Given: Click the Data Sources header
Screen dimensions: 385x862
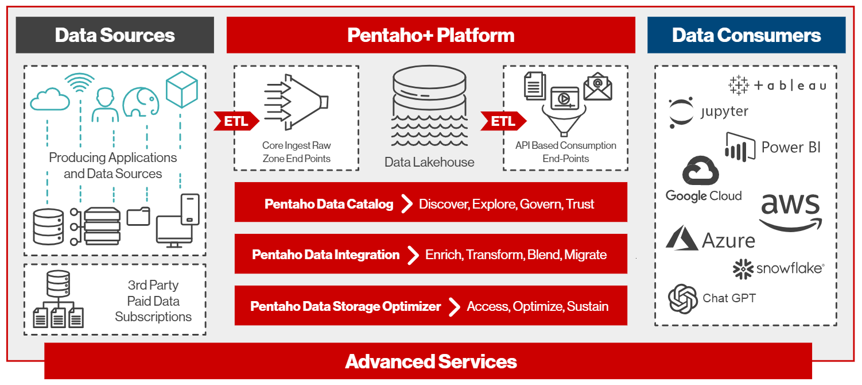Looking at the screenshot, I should [115, 35].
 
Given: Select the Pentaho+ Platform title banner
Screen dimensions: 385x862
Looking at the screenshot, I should [430, 35].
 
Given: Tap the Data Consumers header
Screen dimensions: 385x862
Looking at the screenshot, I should [746, 35].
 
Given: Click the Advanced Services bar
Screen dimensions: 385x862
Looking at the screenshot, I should [430, 361].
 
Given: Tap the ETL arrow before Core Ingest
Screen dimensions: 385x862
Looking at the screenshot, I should [236, 121].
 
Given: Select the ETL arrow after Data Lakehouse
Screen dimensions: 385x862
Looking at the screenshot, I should [502, 121].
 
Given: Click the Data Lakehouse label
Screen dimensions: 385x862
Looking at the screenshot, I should [429, 162].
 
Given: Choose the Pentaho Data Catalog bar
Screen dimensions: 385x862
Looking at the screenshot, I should [430, 203].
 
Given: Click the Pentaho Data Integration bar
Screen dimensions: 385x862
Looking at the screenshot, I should [430, 254].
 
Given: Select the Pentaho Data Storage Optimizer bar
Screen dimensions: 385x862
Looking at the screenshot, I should [430, 306].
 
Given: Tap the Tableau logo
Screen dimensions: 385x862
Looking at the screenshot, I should [777, 86].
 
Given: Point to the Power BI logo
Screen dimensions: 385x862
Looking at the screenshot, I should [772, 147].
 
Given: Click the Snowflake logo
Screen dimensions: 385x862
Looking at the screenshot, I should [778, 268].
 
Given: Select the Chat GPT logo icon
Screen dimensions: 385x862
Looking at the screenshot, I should [682, 299].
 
